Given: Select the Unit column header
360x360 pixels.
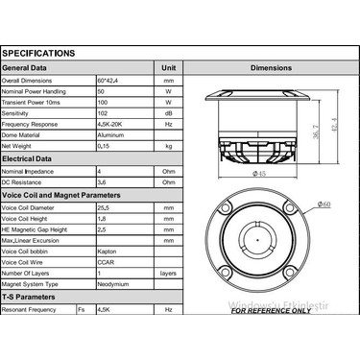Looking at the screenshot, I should click(x=169, y=68).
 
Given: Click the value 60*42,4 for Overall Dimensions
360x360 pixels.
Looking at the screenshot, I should click(x=112, y=81).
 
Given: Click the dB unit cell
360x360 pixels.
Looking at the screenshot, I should click(x=169, y=113).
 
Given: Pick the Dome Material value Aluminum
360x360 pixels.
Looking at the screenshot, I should click(x=112, y=135).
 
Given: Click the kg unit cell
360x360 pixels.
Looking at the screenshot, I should click(x=169, y=146).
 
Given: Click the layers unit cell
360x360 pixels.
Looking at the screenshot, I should click(x=169, y=273).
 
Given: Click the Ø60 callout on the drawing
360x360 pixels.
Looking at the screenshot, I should click(x=324, y=204).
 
